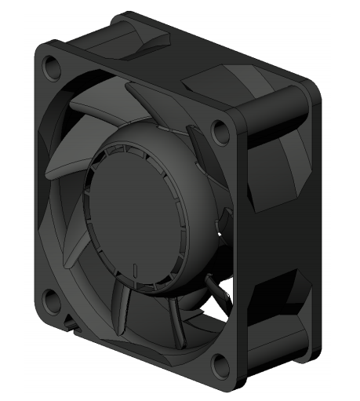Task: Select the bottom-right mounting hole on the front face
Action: pyautogui.click(x=222, y=363)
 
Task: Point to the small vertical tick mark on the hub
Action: pyautogui.click(x=136, y=272)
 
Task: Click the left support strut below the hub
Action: pyautogui.click(x=124, y=310)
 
